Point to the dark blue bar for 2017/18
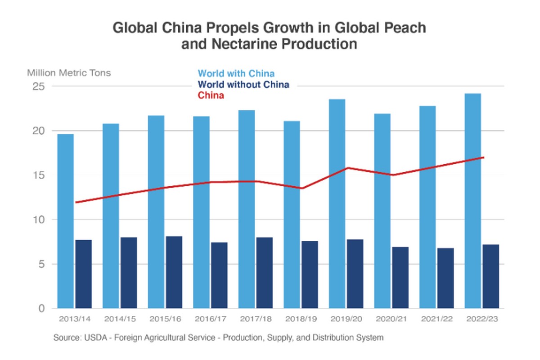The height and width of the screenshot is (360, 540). pyautogui.click(x=264, y=273)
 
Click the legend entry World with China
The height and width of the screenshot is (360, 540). pyautogui.click(x=236, y=73)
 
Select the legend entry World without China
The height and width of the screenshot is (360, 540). pyautogui.click(x=243, y=85)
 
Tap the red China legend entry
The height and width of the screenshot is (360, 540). pyautogui.click(x=211, y=95)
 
